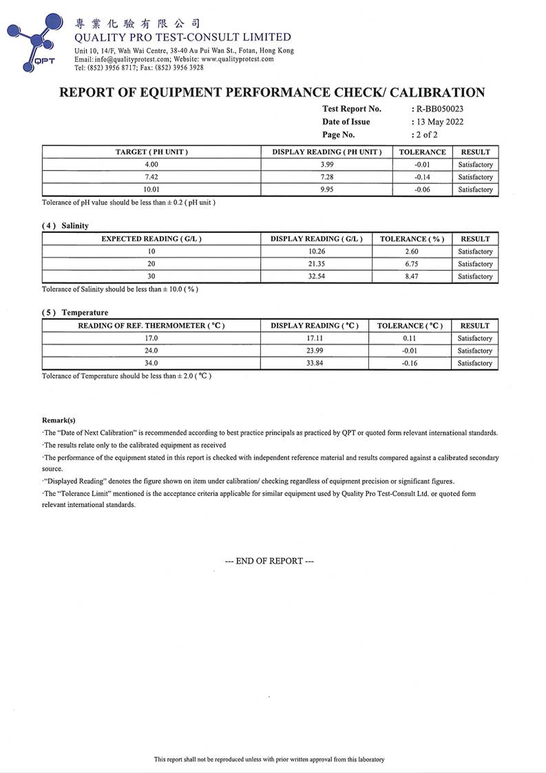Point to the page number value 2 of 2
point(426,135)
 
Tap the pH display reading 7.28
point(327,177)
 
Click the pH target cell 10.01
point(151,189)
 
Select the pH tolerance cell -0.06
point(422,189)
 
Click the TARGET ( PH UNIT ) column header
point(151,152)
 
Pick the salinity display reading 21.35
point(316,264)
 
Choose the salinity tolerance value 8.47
point(412,276)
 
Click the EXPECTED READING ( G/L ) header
point(151,239)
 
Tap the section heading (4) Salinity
point(65,225)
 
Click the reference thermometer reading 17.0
point(151,338)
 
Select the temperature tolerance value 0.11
point(410,338)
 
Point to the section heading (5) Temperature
point(75,312)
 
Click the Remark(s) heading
point(59,420)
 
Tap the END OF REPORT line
point(269,561)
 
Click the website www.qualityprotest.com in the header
point(238,59)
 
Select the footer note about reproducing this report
point(269,759)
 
